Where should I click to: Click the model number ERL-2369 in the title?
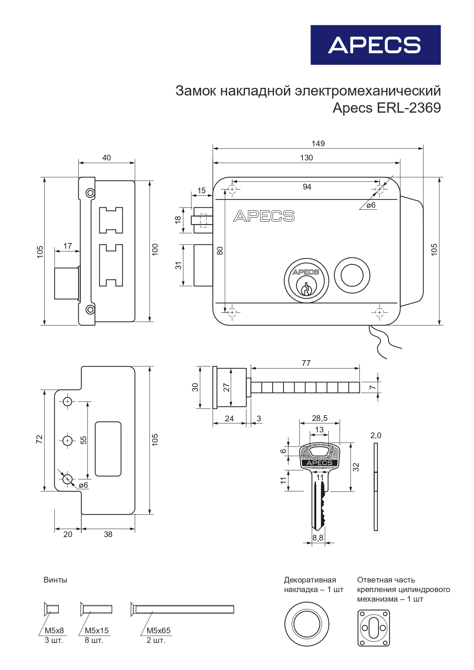(x=409, y=108)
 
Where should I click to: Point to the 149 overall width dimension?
(x=318, y=144)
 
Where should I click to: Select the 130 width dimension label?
(x=306, y=158)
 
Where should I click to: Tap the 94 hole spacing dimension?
(x=307, y=187)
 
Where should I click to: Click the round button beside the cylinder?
(x=352, y=275)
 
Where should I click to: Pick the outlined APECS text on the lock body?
(x=264, y=216)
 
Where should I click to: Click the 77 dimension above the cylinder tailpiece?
(x=306, y=363)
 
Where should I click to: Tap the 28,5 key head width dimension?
(x=320, y=418)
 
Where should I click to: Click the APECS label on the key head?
(x=319, y=463)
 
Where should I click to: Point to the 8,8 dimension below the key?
(x=318, y=538)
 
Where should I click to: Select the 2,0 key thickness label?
(x=376, y=435)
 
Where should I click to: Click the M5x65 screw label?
(x=159, y=631)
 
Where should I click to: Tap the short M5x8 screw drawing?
(x=51, y=609)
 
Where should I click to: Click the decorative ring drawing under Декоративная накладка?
(x=307, y=624)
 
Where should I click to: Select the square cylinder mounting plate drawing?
(x=374, y=628)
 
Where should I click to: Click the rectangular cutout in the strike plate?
(x=108, y=449)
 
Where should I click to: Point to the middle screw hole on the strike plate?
(x=68, y=440)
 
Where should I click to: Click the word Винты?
(x=55, y=580)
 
